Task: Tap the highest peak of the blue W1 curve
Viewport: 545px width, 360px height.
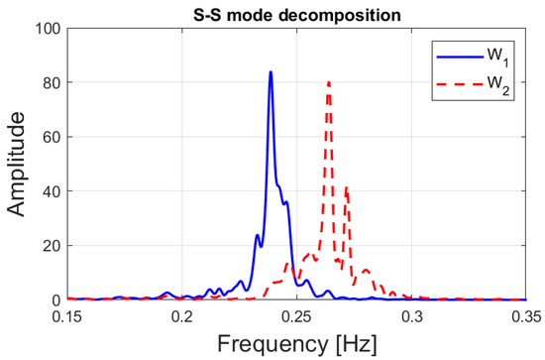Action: (x=271, y=72)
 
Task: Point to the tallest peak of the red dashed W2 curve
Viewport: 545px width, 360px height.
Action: (x=329, y=82)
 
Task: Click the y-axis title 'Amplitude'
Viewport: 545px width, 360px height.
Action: (x=17, y=164)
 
